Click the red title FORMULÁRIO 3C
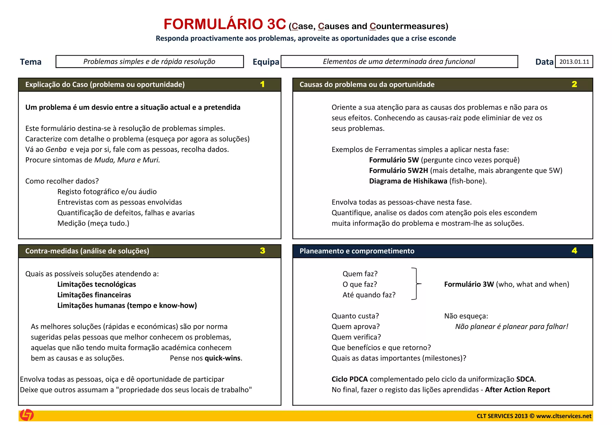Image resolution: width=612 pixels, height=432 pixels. pyautogui.click(x=225, y=24)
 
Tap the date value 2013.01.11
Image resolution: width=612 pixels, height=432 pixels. pyautogui.click(x=574, y=62)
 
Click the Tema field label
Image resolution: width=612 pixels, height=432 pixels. pyautogui.click(x=30, y=62)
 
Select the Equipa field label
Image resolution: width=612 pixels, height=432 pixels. pyautogui.click(x=266, y=62)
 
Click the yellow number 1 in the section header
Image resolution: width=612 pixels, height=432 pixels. pyautogui.click(x=262, y=84)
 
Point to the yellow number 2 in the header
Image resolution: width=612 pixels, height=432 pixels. pyautogui.click(x=574, y=84)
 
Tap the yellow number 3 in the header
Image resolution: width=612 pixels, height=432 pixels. pyautogui.click(x=262, y=251)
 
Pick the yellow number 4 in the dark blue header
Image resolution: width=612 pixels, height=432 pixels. pyautogui.click(x=574, y=251)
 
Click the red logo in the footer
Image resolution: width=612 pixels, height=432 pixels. pyautogui.click(x=27, y=415)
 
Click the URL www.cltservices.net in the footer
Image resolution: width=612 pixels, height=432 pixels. pyautogui.click(x=564, y=416)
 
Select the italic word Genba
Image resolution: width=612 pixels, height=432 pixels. pyautogui.click(x=56, y=149)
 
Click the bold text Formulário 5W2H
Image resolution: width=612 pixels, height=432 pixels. pyautogui.click(x=398, y=171)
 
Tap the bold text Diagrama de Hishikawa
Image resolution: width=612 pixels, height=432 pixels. pyautogui.click(x=408, y=181)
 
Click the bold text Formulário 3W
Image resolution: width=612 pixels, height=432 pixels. pyautogui.click(x=469, y=284)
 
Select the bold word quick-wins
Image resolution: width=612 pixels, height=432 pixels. pyautogui.click(x=223, y=358)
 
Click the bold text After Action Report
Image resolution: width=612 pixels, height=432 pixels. pyautogui.click(x=517, y=390)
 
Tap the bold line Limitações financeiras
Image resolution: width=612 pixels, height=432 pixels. pyautogui.click(x=94, y=295)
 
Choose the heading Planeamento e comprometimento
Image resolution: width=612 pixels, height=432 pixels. pyautogui.click(x=357, y=251)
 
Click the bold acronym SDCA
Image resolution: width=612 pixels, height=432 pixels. pyautogui.click(x=525, y=379)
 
